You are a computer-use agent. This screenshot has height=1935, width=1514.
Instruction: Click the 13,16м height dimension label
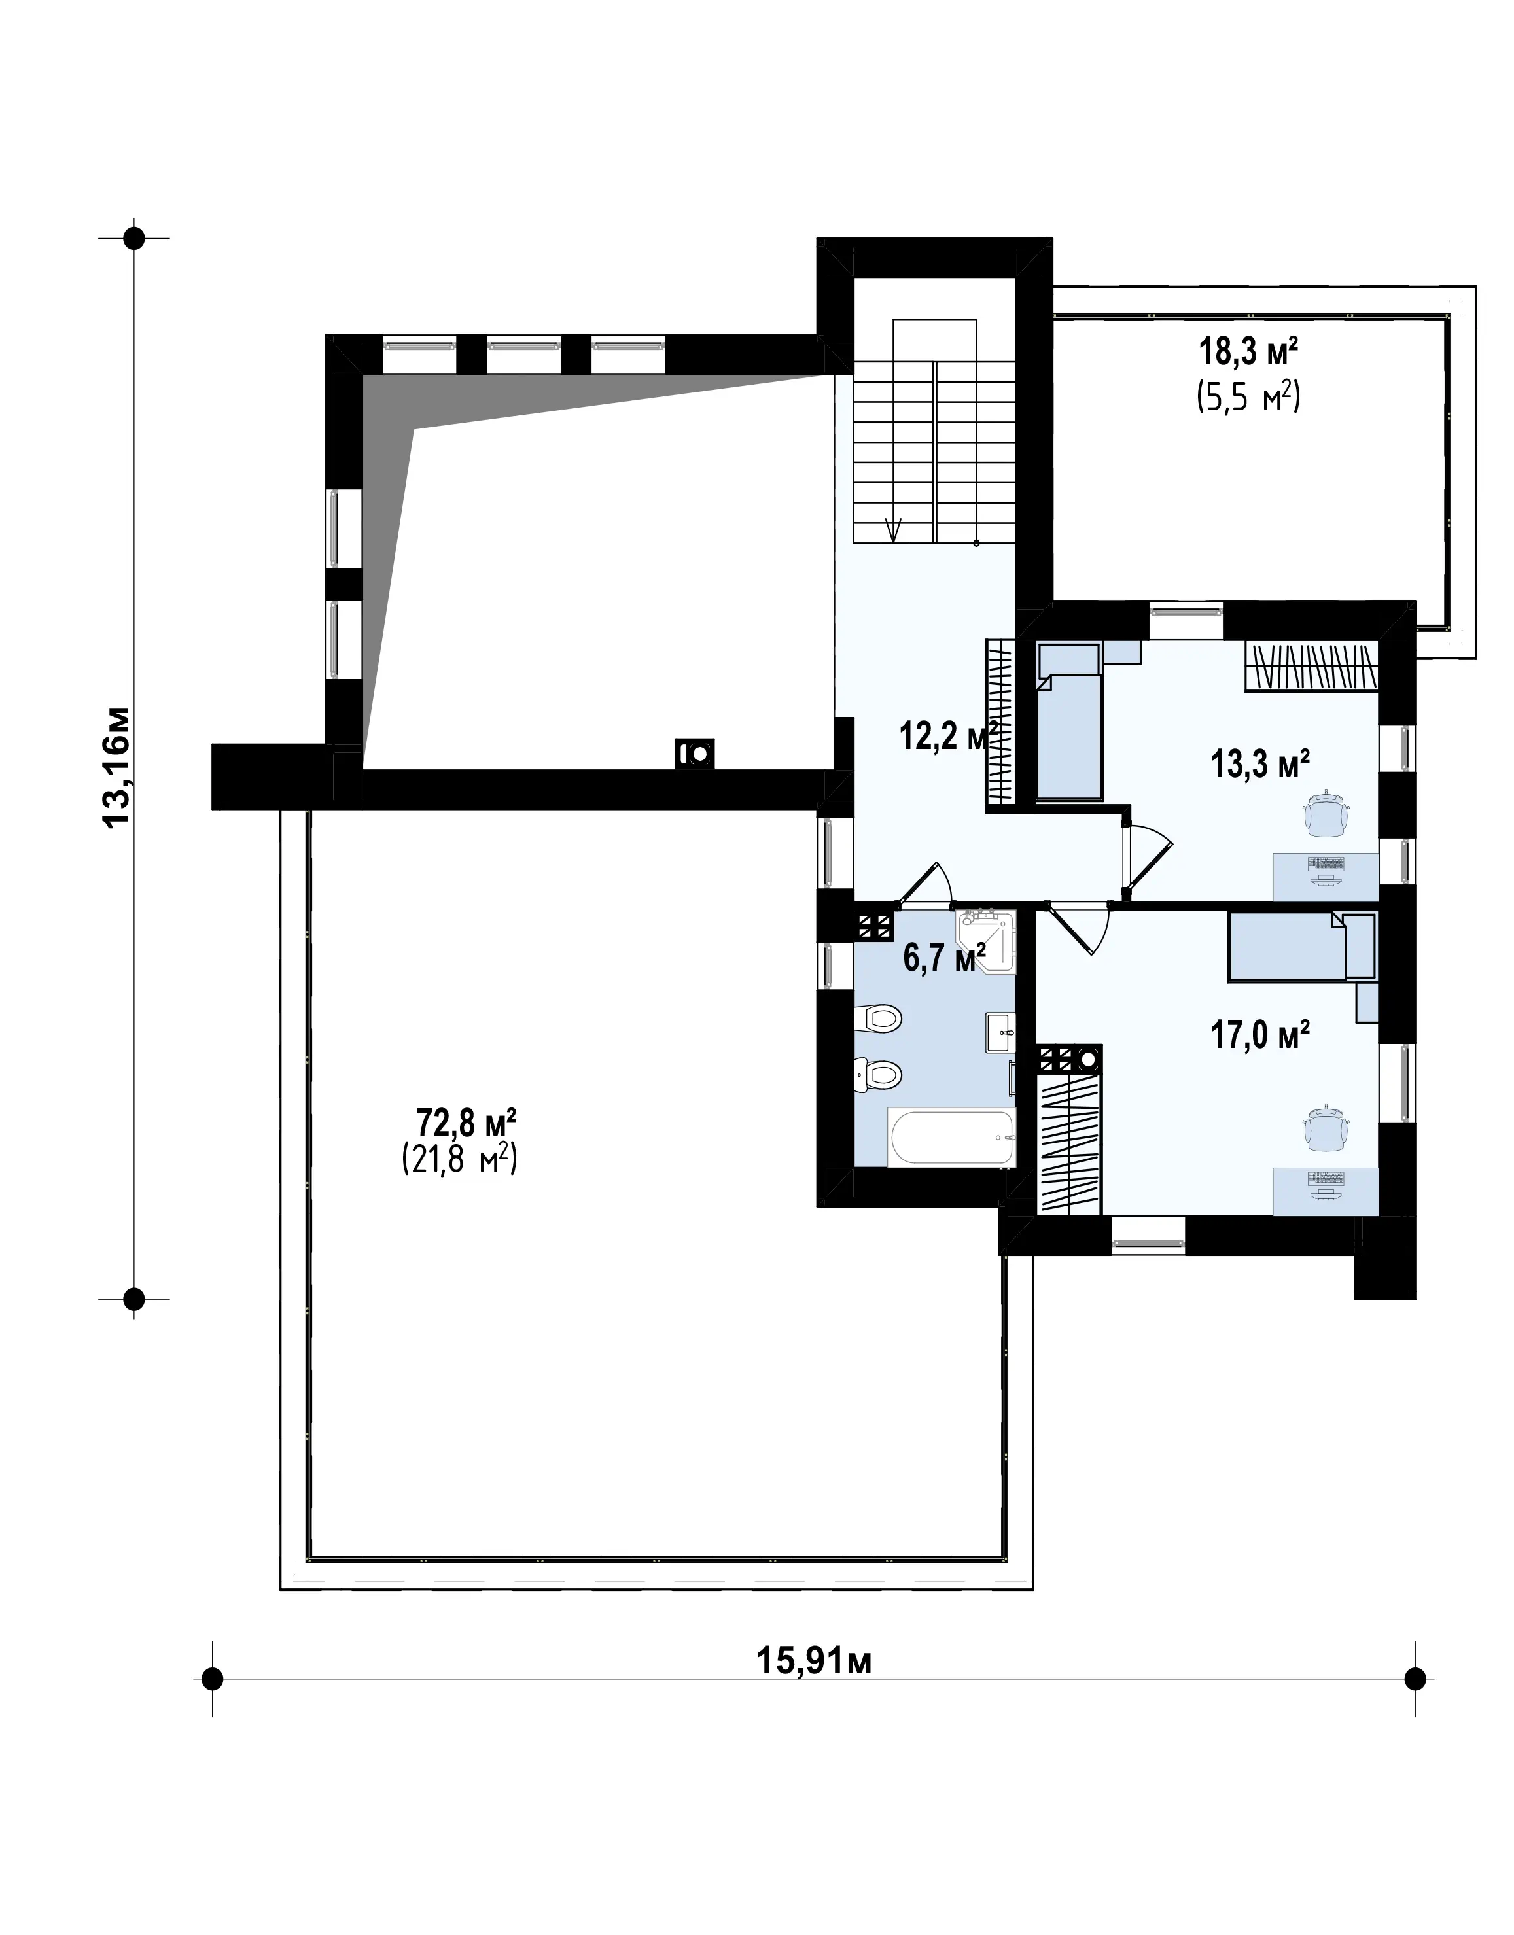117,767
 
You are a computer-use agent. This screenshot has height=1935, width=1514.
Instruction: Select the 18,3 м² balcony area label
1249,352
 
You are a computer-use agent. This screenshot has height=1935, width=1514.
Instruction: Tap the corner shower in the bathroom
986,939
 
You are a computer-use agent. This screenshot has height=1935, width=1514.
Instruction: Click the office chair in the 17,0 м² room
1326,1128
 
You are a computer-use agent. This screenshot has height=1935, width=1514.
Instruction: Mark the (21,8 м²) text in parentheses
459,1159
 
